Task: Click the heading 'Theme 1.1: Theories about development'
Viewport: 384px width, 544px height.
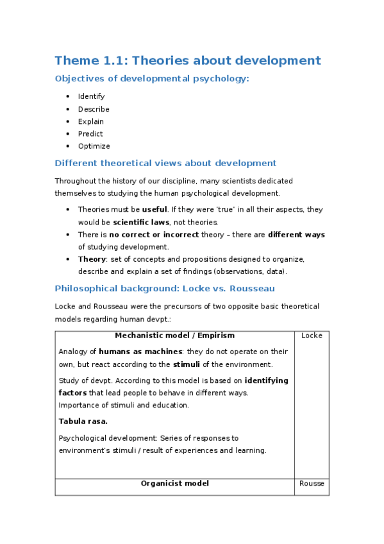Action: (x=187, y=61)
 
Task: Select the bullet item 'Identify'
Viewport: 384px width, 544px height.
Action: (x=91, y=96)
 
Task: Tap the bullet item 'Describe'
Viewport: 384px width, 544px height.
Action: (x=94, y=109)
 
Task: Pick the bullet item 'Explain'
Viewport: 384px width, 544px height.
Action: (x=90, y=121)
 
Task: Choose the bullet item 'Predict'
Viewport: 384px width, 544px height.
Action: (x=90, y=133)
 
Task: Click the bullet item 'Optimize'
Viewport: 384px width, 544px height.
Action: (x=93, y=146)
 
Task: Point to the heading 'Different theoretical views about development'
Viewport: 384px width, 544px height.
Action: (x=165, y=163)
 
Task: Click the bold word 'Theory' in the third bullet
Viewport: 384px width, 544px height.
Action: (x=91, y=259)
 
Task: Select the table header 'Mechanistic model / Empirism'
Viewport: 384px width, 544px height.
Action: (x=174, y=336)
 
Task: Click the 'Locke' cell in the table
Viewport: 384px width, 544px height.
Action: (x=311, y=336)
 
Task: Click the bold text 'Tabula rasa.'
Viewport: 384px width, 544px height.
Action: (x=83, y=421)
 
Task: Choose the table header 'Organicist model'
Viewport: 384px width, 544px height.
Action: (x=174, y=483)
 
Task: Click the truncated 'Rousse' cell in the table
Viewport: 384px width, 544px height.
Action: (x=311, y=484)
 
